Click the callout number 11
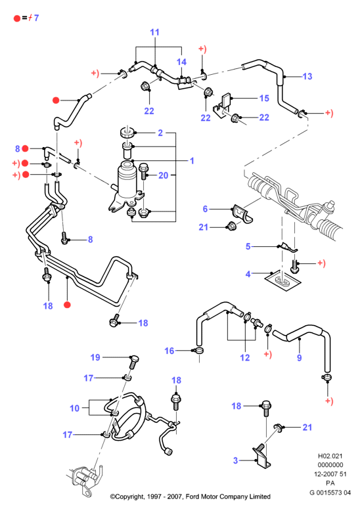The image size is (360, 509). tap(155, 32)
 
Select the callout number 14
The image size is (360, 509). tap(181, 62)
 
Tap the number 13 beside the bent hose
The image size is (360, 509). tap(307, 77)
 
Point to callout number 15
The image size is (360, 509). tap(264, 98)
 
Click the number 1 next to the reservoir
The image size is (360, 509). tap(192, 161)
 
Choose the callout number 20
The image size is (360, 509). tap(164, 175)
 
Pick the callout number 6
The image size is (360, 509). tap(205, 209)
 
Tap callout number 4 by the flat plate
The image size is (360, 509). tap(248, 274)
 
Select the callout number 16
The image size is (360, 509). tap(169, 351)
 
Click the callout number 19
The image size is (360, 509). tap(95, 357)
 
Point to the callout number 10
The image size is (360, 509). tap(75, 408)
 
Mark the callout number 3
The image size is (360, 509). tap(236, 460)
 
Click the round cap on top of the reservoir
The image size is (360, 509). tap(127, 132)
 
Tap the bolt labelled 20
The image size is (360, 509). tap(143, 171)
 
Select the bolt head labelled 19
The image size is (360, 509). tap(133, 359)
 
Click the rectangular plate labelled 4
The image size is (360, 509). tap(282, 280)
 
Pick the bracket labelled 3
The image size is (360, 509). tap(261, 456)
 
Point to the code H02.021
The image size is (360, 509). tap(330, 456)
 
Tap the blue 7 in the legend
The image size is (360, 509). tap(36, 18)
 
